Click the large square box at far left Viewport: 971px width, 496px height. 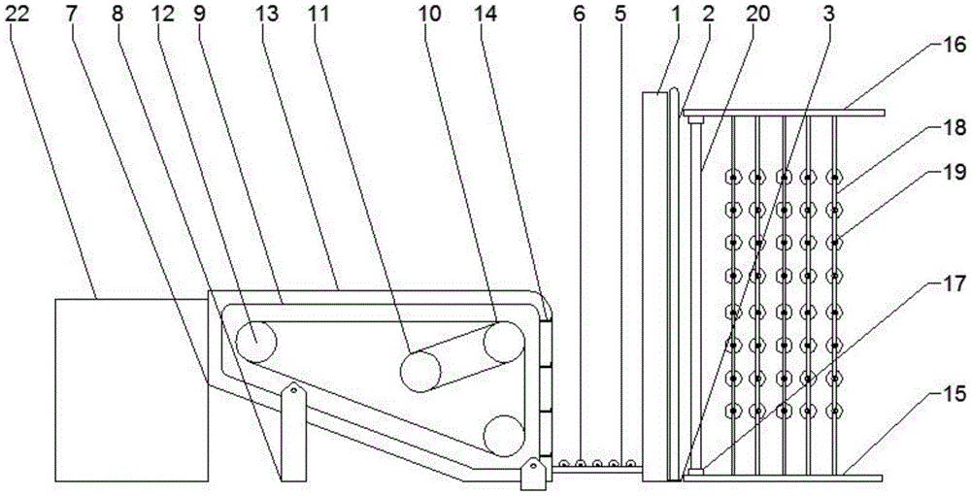point(132,390)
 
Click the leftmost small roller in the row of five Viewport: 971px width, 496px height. point(562,465)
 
